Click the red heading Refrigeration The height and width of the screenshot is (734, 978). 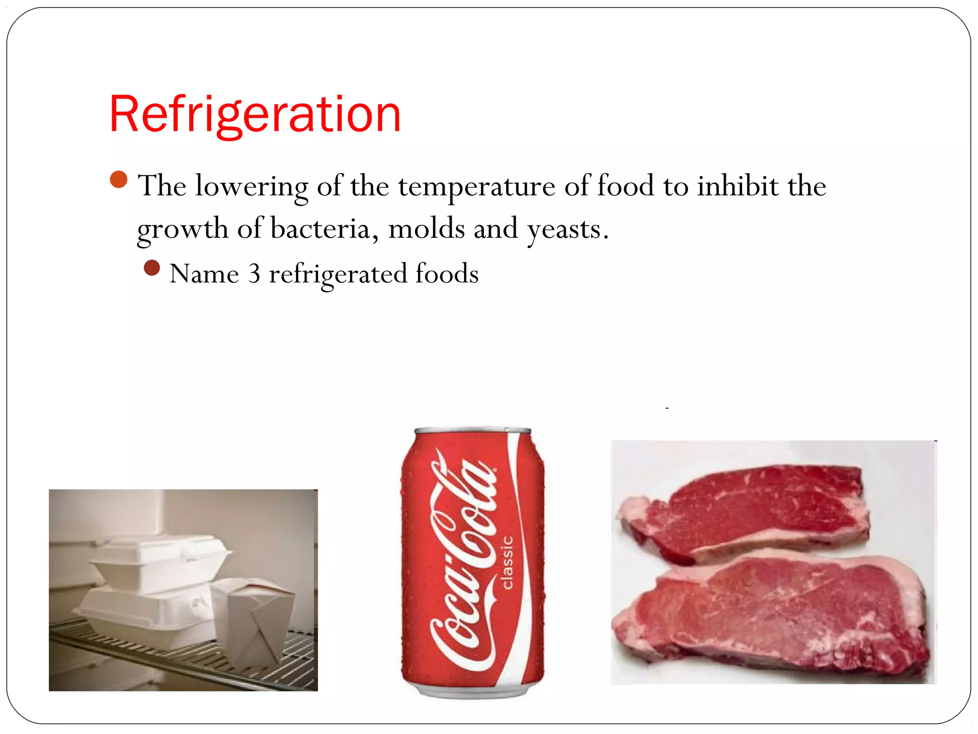click(255, 115)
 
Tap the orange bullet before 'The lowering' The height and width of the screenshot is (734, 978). click(118, 180)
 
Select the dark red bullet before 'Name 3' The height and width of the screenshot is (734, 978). click(152, 268)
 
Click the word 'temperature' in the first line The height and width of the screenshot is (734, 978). click(477, 186)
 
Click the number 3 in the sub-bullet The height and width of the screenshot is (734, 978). click(254, 274)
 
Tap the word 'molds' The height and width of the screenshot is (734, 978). click(426, 228)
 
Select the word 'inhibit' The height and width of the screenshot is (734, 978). click(738, 186)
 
